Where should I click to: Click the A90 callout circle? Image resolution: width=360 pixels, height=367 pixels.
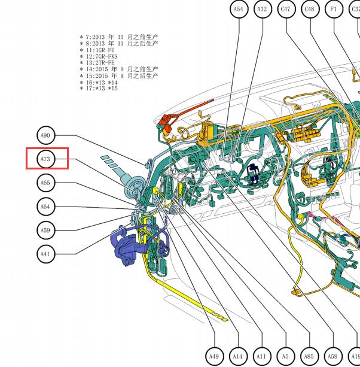(x=46, y=135)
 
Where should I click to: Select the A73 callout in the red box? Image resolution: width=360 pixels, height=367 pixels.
(x=46, y=159)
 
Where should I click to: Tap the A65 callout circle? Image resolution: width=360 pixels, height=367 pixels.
(x=46, y=183)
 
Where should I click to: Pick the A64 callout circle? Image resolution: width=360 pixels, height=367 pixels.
(x=46, y=207)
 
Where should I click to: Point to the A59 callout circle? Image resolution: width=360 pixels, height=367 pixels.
(x=46, y=230)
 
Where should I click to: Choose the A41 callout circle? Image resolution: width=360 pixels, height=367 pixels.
(x=46, y=254)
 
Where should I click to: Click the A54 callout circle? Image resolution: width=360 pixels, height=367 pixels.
(x=239, y=9)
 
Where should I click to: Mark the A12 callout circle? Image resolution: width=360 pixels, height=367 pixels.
(x=263, y=9)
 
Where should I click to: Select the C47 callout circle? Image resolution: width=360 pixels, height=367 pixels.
(x=286, y=9)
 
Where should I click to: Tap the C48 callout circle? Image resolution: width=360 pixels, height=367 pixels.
(x=310, y=9)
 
